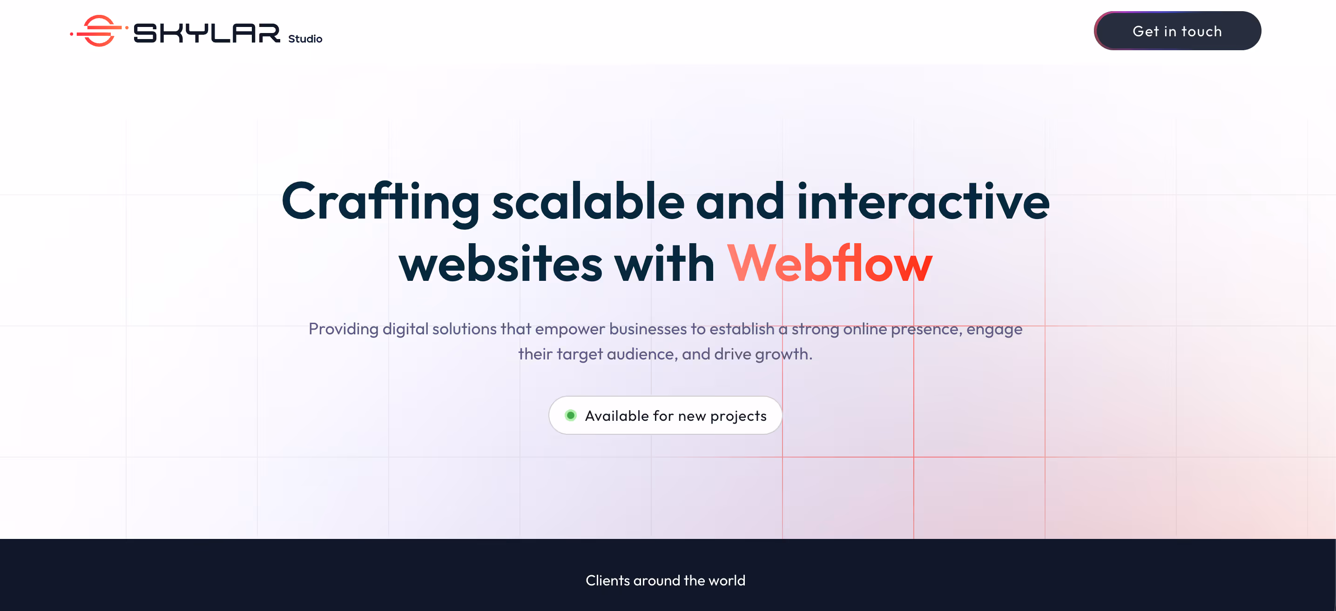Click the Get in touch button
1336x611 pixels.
point(1177,31)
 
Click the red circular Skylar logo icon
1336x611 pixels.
point(99,31)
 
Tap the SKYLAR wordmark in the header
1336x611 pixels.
point(206,33)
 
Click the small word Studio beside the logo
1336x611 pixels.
point(305,39)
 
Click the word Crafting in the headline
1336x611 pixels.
point(380,203)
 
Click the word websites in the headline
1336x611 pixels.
point(500,264)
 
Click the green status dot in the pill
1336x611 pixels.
point(571,415)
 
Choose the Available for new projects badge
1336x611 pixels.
point(665,415)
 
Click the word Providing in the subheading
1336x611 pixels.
point(344,329)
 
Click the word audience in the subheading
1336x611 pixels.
point(641,354)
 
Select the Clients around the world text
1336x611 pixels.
point(665,580)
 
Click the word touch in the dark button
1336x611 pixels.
point(1201,31)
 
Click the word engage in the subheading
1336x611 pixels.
point(994,330)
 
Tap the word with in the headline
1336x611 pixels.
point(664,264)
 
